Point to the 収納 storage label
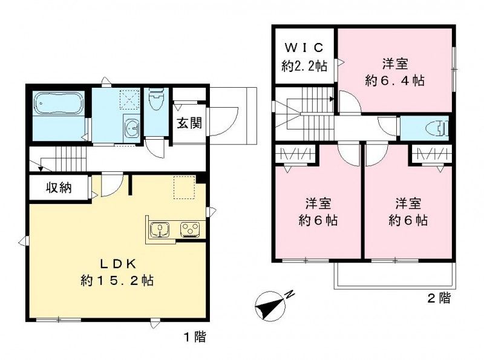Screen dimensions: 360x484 pos(59,187)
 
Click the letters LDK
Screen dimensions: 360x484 pos(119,263)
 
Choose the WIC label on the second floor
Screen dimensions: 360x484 pos(304,47)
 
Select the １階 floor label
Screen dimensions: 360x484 pos(194,337)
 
